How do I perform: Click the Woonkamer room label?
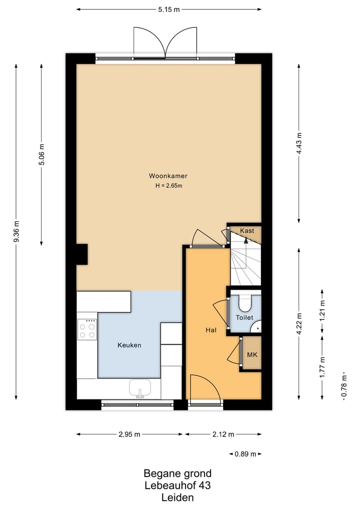(167, 176)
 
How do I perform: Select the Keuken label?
(129, 345)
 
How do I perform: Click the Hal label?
(211, 330)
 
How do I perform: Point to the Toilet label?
(244, 318)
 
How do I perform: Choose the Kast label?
(247, 231)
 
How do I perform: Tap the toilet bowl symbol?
(245, 303)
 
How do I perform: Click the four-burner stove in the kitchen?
(87, 330)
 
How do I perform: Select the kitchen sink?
(140, 388)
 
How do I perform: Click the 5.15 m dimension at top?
(168, 9)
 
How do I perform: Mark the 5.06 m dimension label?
(41, 155)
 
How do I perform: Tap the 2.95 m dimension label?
(129, 434)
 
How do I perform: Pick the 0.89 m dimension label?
(245, 454)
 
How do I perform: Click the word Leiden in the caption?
(177, 498)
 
